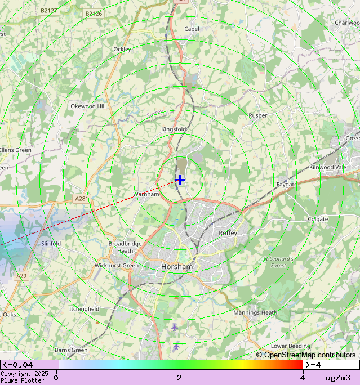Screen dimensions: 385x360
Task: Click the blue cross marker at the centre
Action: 180,180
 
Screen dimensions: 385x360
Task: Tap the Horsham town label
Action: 177,267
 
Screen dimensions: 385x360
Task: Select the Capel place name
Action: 192,29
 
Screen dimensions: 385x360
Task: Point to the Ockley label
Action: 122,50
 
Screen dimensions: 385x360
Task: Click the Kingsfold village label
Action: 174,129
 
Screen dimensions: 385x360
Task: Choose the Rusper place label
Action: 258,116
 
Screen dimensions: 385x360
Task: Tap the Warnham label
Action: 146,194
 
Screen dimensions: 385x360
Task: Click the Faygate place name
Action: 286,185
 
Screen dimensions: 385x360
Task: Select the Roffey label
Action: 228,232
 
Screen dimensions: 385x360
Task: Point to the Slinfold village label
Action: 51,244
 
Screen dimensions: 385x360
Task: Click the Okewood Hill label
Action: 88,106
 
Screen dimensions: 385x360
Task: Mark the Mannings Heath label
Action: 255,312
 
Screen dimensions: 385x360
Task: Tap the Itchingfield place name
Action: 84,309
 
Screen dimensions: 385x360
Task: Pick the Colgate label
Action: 318,219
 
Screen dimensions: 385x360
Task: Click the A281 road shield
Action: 81,198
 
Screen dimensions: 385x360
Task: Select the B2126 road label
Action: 94,13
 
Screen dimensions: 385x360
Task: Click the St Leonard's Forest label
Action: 279,262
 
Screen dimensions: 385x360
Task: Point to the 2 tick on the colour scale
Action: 179,378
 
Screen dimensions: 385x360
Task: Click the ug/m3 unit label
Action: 337,378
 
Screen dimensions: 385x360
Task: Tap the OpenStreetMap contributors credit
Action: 306,355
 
